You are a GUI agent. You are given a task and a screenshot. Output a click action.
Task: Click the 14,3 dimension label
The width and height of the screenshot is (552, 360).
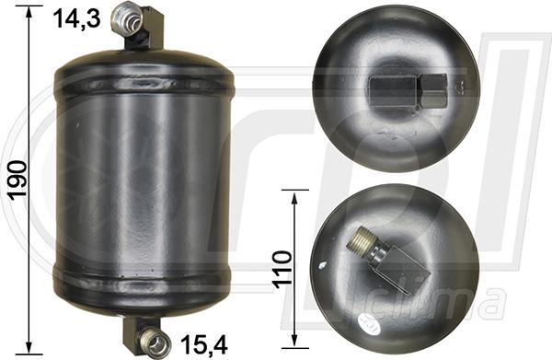point(77,19)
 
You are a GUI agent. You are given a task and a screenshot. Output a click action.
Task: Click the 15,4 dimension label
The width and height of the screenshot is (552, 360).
point(204,344)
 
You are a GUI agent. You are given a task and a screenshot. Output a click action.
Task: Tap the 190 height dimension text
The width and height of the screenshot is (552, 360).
point(17,180)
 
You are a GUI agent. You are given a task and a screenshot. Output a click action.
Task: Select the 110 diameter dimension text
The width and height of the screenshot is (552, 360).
point(283,269)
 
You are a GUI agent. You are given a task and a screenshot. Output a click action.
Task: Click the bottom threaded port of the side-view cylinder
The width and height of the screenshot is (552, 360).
point(155,341)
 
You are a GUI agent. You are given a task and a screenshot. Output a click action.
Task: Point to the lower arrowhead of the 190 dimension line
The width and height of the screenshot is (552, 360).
point(29,347)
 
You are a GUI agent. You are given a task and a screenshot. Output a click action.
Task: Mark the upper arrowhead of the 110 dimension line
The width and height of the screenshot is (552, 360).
point(295,197)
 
